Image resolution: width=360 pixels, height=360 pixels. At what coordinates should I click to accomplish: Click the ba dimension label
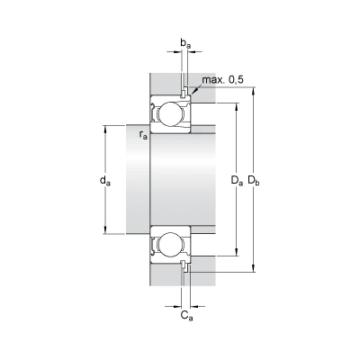tap(185, 43)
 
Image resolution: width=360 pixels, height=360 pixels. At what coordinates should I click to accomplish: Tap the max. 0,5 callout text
tap(222, 80)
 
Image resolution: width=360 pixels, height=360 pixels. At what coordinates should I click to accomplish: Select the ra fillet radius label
tap(143, 135)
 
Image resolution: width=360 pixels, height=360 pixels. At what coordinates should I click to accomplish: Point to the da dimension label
tap(105, 181)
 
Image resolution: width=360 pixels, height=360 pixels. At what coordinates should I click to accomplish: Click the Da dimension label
tap(237, 181)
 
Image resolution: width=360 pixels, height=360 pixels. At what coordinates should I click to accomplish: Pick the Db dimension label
tap(254, 181)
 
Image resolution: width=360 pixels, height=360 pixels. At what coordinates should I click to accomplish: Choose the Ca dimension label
tap(186, 316)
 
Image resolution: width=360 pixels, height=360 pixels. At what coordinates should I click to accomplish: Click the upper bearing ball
tap(170, 114)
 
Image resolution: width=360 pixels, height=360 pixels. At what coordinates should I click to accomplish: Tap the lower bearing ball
tap(170, 246)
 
